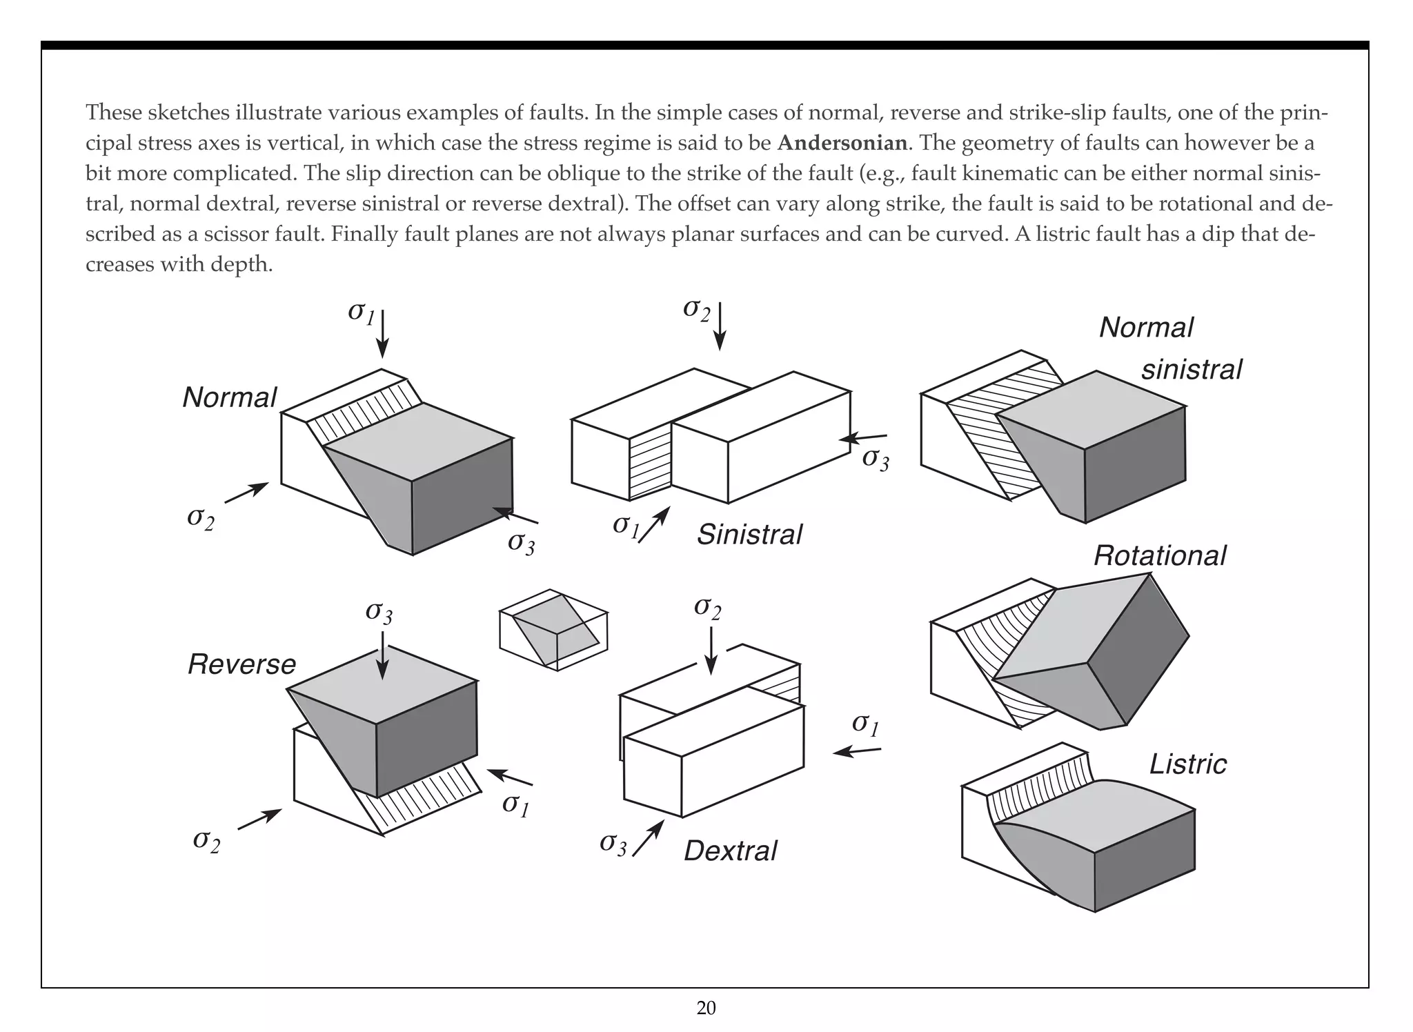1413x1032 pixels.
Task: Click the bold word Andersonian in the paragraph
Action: [842, 143]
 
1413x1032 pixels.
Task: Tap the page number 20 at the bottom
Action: [706, 1009]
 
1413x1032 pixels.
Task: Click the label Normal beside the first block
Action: [229, 397]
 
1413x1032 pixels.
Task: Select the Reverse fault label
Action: [241, 664]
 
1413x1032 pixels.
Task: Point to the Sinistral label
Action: [749, 535]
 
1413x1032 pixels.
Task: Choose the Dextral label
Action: [730, 851]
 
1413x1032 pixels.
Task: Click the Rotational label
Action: [1160, 556]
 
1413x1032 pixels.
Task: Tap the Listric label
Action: [1187, 764]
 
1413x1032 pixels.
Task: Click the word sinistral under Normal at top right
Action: [1191, 370]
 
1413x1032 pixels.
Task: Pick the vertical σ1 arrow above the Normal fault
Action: [383, 335]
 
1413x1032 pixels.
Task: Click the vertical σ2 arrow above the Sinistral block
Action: [720, 326]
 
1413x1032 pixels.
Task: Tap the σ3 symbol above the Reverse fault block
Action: [379, 611]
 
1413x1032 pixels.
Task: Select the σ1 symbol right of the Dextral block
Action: [865, 724]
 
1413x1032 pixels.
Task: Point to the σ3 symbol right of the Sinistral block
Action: [876, 459]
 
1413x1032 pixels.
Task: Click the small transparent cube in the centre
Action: [553, 629]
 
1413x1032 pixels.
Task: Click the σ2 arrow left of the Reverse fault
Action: [259, 819]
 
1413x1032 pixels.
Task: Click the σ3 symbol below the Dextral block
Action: [613, 843]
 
